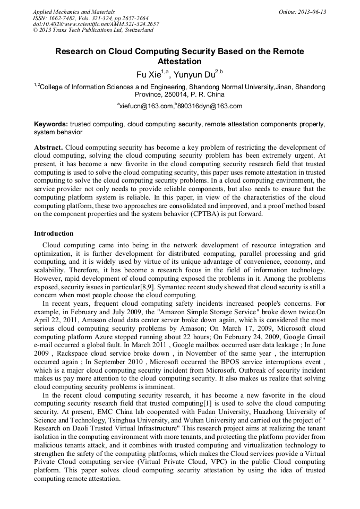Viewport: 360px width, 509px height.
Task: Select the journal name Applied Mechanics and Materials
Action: click(x=74, y=11)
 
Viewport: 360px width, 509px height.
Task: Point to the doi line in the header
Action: click(x=96, y=24)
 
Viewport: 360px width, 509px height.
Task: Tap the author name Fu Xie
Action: click(x=148, y=74)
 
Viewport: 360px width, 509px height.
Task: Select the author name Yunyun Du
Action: click(x=197, y=74)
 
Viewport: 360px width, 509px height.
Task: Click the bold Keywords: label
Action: click(x=50, y=124)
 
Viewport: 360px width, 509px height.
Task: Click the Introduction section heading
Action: click(x=54, y=234)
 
